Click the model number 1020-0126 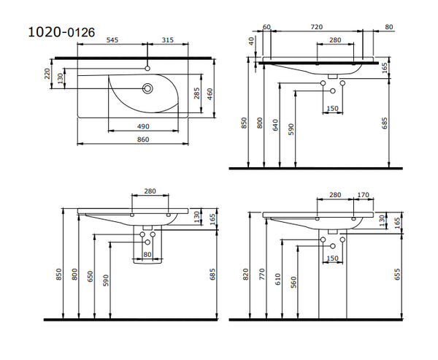click(x=61, y=31)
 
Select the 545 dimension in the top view click(x=113, y=40)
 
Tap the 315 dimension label click(x=167, y=40)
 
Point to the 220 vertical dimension click(x=48, y=74)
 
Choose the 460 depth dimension click(x=210, y=93)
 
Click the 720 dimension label click(x=316, y=27)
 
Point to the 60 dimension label click(x=266, y=27)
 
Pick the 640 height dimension click(x=276, y=125)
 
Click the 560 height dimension click(x=293, y=283)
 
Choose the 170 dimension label click(x=363, y=195)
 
